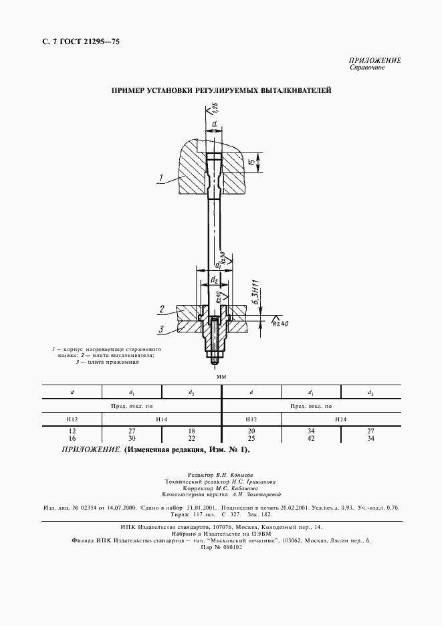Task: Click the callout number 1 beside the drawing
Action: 160,177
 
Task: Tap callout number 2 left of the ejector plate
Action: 162,308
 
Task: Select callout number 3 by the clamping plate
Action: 162,328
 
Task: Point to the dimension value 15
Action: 251,163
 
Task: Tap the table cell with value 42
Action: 311,438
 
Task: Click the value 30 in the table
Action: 132,438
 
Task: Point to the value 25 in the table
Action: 251,438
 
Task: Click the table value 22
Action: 191,438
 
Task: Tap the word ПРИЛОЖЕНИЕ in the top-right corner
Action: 375,60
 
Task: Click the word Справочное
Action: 366,68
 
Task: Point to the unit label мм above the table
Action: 221,377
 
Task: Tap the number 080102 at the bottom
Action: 230,546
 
